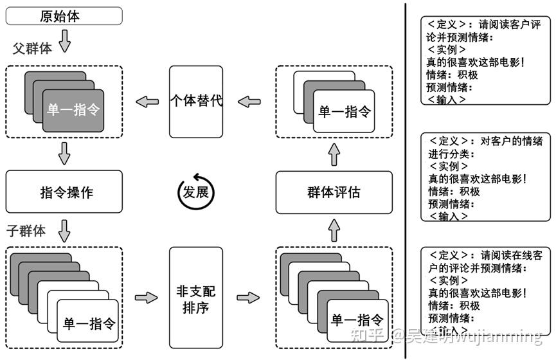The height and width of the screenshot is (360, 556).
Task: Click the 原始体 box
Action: tap(64, 16)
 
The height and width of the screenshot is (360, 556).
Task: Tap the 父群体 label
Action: tap(32, 48)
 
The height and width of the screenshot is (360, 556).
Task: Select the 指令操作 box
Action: tap(64, 192)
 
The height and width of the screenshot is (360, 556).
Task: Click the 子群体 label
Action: tap(26, 231)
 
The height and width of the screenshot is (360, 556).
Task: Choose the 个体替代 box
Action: tap(196, 102)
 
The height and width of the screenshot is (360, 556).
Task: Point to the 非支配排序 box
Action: tap(196, 298)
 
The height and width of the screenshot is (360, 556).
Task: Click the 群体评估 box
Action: tap(334, 192)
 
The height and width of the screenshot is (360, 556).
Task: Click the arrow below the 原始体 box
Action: tap(64, 40)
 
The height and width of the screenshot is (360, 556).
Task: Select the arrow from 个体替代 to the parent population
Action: tap(147, 102)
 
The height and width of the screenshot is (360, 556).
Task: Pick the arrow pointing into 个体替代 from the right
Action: tap(249, 102)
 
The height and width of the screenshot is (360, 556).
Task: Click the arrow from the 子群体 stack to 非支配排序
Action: tap(146, 297)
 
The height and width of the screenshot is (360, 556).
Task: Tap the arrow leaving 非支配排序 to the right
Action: tap(248, 297)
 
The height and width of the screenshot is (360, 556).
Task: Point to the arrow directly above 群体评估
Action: tap(334, 154)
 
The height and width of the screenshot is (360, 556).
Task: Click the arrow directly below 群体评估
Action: tap(334, 231)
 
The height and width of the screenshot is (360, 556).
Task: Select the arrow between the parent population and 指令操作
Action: tap(64, 154)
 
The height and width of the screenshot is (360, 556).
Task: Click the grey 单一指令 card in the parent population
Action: tap(73, 111)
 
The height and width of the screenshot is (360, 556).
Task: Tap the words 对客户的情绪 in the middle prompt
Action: tap(511, 141)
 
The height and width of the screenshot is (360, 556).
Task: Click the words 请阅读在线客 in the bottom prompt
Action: tap(511, 255)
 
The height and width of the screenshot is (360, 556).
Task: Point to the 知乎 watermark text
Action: tap(367, 335)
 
